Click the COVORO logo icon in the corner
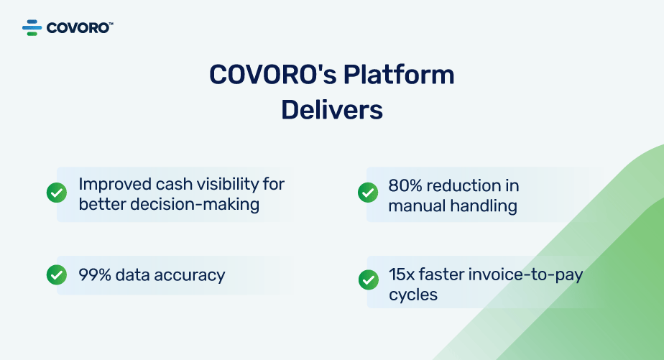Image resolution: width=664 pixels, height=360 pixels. [x=32, y=28]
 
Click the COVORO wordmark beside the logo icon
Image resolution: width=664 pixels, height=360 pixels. [x=79, y=28]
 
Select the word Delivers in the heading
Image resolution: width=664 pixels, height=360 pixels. [x=332, y=110]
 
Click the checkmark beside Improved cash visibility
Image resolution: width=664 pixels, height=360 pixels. [x=57, y=193]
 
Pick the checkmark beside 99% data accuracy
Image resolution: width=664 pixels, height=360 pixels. [x=57, y=274]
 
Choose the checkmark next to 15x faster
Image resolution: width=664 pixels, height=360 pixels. [x=367, y=280]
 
